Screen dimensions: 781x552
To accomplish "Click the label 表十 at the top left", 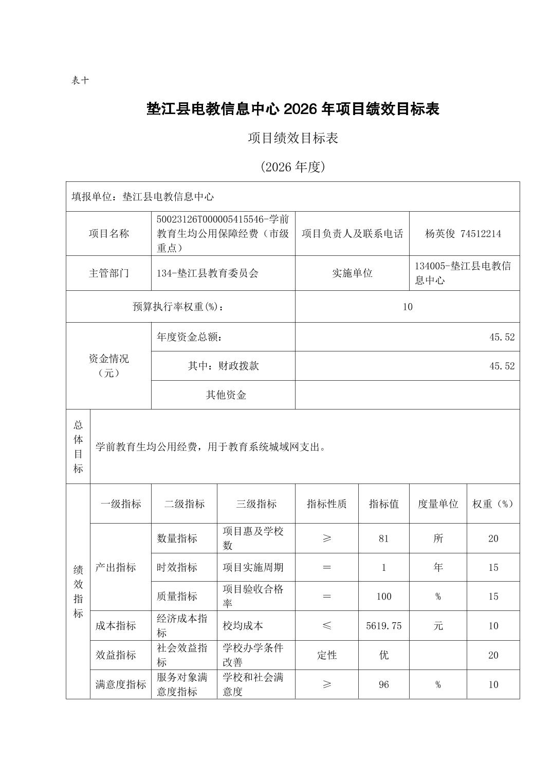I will click(80, 81).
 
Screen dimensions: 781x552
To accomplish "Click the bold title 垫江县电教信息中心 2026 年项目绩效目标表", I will click(292, 109).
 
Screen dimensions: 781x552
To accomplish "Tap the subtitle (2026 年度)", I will click(292, 167).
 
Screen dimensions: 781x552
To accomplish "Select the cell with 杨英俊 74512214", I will click(463, 234).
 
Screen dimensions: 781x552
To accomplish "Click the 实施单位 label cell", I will click(352, 273).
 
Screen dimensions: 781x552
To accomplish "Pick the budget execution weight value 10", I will click(407, 307).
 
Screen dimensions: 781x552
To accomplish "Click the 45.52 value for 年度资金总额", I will click(502, 337).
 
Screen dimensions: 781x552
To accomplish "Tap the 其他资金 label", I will click(226, 395).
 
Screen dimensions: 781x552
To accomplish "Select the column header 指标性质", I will click(326, 504).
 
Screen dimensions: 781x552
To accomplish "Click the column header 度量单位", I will click(438, 504).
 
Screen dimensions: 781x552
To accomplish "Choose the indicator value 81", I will click(383, 538).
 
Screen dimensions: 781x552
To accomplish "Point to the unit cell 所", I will click(438, 538).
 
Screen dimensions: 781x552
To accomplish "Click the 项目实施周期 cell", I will click(252, 568).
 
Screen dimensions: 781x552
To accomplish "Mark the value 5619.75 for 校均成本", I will click(383, 626).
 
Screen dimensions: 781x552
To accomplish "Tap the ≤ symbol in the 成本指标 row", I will click(326, 626).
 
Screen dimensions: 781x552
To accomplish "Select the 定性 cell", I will click(326, 655).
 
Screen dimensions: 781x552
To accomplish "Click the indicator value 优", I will click(383, 655).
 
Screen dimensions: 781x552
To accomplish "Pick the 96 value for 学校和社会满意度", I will click(383, 684).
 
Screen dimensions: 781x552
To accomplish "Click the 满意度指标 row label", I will click(121, 684).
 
